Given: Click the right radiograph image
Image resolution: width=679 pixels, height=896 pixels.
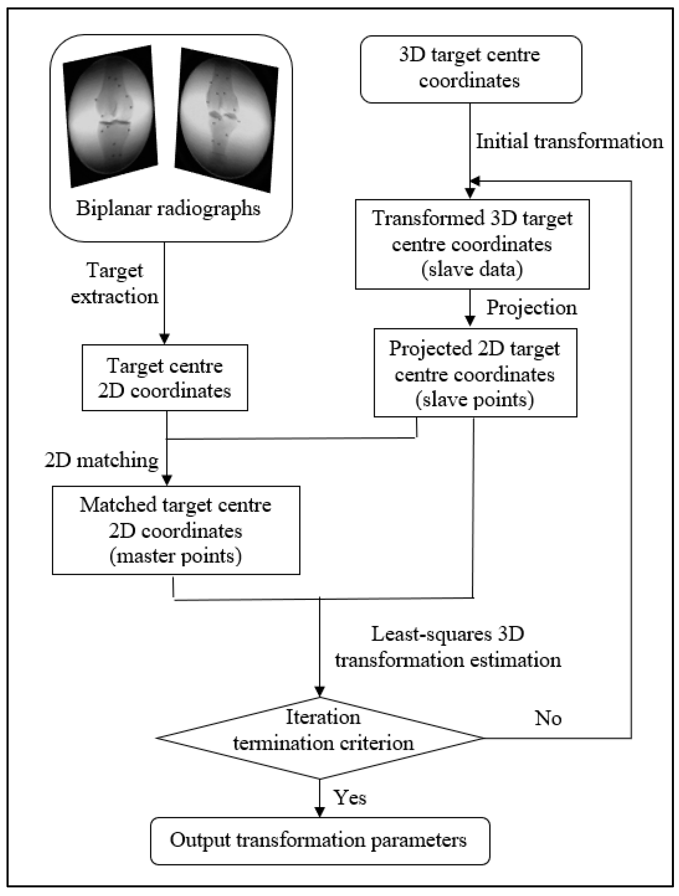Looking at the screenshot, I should point(226,120).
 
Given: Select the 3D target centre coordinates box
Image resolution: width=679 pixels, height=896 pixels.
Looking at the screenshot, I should point(471,69).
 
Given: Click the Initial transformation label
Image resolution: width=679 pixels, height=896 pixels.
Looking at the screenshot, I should point(569,142).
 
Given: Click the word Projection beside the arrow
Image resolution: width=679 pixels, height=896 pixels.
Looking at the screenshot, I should point(531,308).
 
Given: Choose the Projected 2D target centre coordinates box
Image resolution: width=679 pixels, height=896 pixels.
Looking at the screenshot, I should point(475,373).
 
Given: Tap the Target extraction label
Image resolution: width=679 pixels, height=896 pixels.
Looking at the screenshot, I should point(115,283).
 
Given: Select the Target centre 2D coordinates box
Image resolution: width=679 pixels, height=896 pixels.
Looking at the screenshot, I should point(165,378).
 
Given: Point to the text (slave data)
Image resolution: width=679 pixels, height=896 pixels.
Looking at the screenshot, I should point(472,270).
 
